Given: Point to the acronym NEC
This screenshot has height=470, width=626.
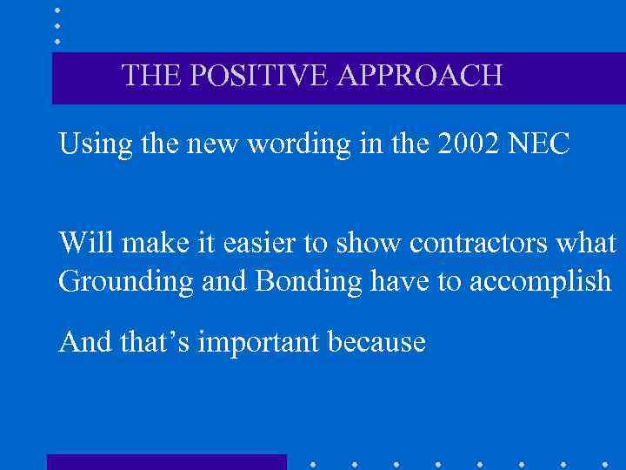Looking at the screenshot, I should (543, 144).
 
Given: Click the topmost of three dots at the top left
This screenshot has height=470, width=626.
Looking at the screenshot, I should (57, 10).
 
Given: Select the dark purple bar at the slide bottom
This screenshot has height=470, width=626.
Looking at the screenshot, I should (166, 462).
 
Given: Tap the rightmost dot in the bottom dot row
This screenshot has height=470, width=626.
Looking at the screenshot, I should (604, 463).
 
